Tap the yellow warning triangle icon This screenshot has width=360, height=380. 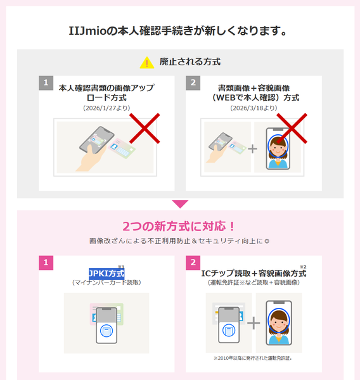click(x=147, y=63)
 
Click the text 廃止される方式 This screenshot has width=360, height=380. click(x=190, y=62)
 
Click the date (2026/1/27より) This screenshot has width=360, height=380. click(x=106, y=108)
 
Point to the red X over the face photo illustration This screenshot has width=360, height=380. click(x=292, y=130)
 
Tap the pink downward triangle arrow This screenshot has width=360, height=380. click(x=180, y=204)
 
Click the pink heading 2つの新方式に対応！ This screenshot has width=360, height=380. click(x=180, y=227)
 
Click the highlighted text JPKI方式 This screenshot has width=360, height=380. click(x=106, y=274)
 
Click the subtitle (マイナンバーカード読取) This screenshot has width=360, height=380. click(x=106, y=282)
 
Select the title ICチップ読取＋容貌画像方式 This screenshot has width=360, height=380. click(x=253, y=274)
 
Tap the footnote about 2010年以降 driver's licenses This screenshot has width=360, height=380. click(x=253, y=358)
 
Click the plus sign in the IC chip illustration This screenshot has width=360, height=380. click(x=253, y=323)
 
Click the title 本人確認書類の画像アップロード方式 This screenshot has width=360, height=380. click(x=106, y=92)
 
